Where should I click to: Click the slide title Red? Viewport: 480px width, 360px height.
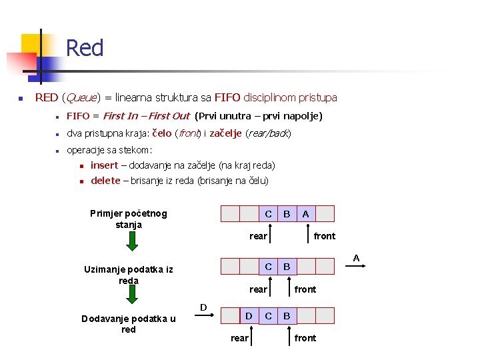tap(85, 49)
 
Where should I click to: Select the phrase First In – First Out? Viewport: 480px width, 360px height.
tap(147, 117)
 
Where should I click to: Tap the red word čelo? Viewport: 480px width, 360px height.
tap(162, 133)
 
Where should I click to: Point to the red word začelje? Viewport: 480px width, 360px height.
tap(225, 133)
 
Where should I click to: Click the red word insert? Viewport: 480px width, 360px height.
tap(104, 165)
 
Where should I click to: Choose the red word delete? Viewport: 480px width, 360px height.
tap(105, 181)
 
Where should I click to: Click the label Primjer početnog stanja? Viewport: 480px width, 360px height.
tap(129, 219)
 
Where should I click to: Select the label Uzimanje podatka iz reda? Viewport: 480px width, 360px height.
tap(129, 275)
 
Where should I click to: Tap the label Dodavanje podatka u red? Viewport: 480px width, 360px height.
tap(129, 324)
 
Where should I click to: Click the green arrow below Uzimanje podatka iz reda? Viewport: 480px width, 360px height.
tap(132, 297)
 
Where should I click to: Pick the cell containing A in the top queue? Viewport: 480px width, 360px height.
tap(305, 214)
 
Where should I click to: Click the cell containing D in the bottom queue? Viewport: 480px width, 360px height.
tap(249, 316)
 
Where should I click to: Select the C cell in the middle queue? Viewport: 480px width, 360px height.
tap(268, 267)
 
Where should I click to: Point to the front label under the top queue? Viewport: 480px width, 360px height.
tap(325, 236)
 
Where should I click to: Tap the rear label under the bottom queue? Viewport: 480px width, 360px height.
tap(239, 338)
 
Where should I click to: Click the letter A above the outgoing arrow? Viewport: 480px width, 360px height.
tap(356, 258)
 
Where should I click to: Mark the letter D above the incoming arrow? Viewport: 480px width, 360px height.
tap(203, 307)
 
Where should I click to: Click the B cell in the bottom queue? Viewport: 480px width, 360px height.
tap(287, 316)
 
